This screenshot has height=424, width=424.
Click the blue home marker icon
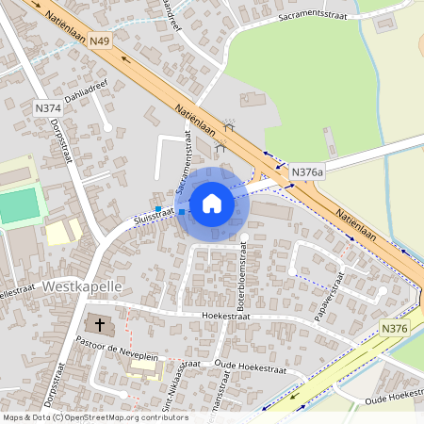212,203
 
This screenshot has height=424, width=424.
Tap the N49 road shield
101,41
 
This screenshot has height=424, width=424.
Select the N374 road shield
46,109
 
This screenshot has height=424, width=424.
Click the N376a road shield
307,172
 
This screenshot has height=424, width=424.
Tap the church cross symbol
98,324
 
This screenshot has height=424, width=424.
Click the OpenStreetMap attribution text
94,417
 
